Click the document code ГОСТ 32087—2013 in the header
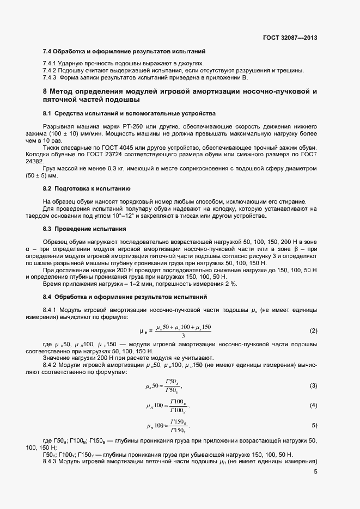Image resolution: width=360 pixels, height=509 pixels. coord(290,38)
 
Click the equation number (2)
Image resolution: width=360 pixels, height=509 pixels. coord(313,330)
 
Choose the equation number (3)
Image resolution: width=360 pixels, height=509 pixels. coord(313,385)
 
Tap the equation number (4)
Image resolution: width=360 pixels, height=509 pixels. coord(313,406)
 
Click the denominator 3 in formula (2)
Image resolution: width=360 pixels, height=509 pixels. coord(184,335)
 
